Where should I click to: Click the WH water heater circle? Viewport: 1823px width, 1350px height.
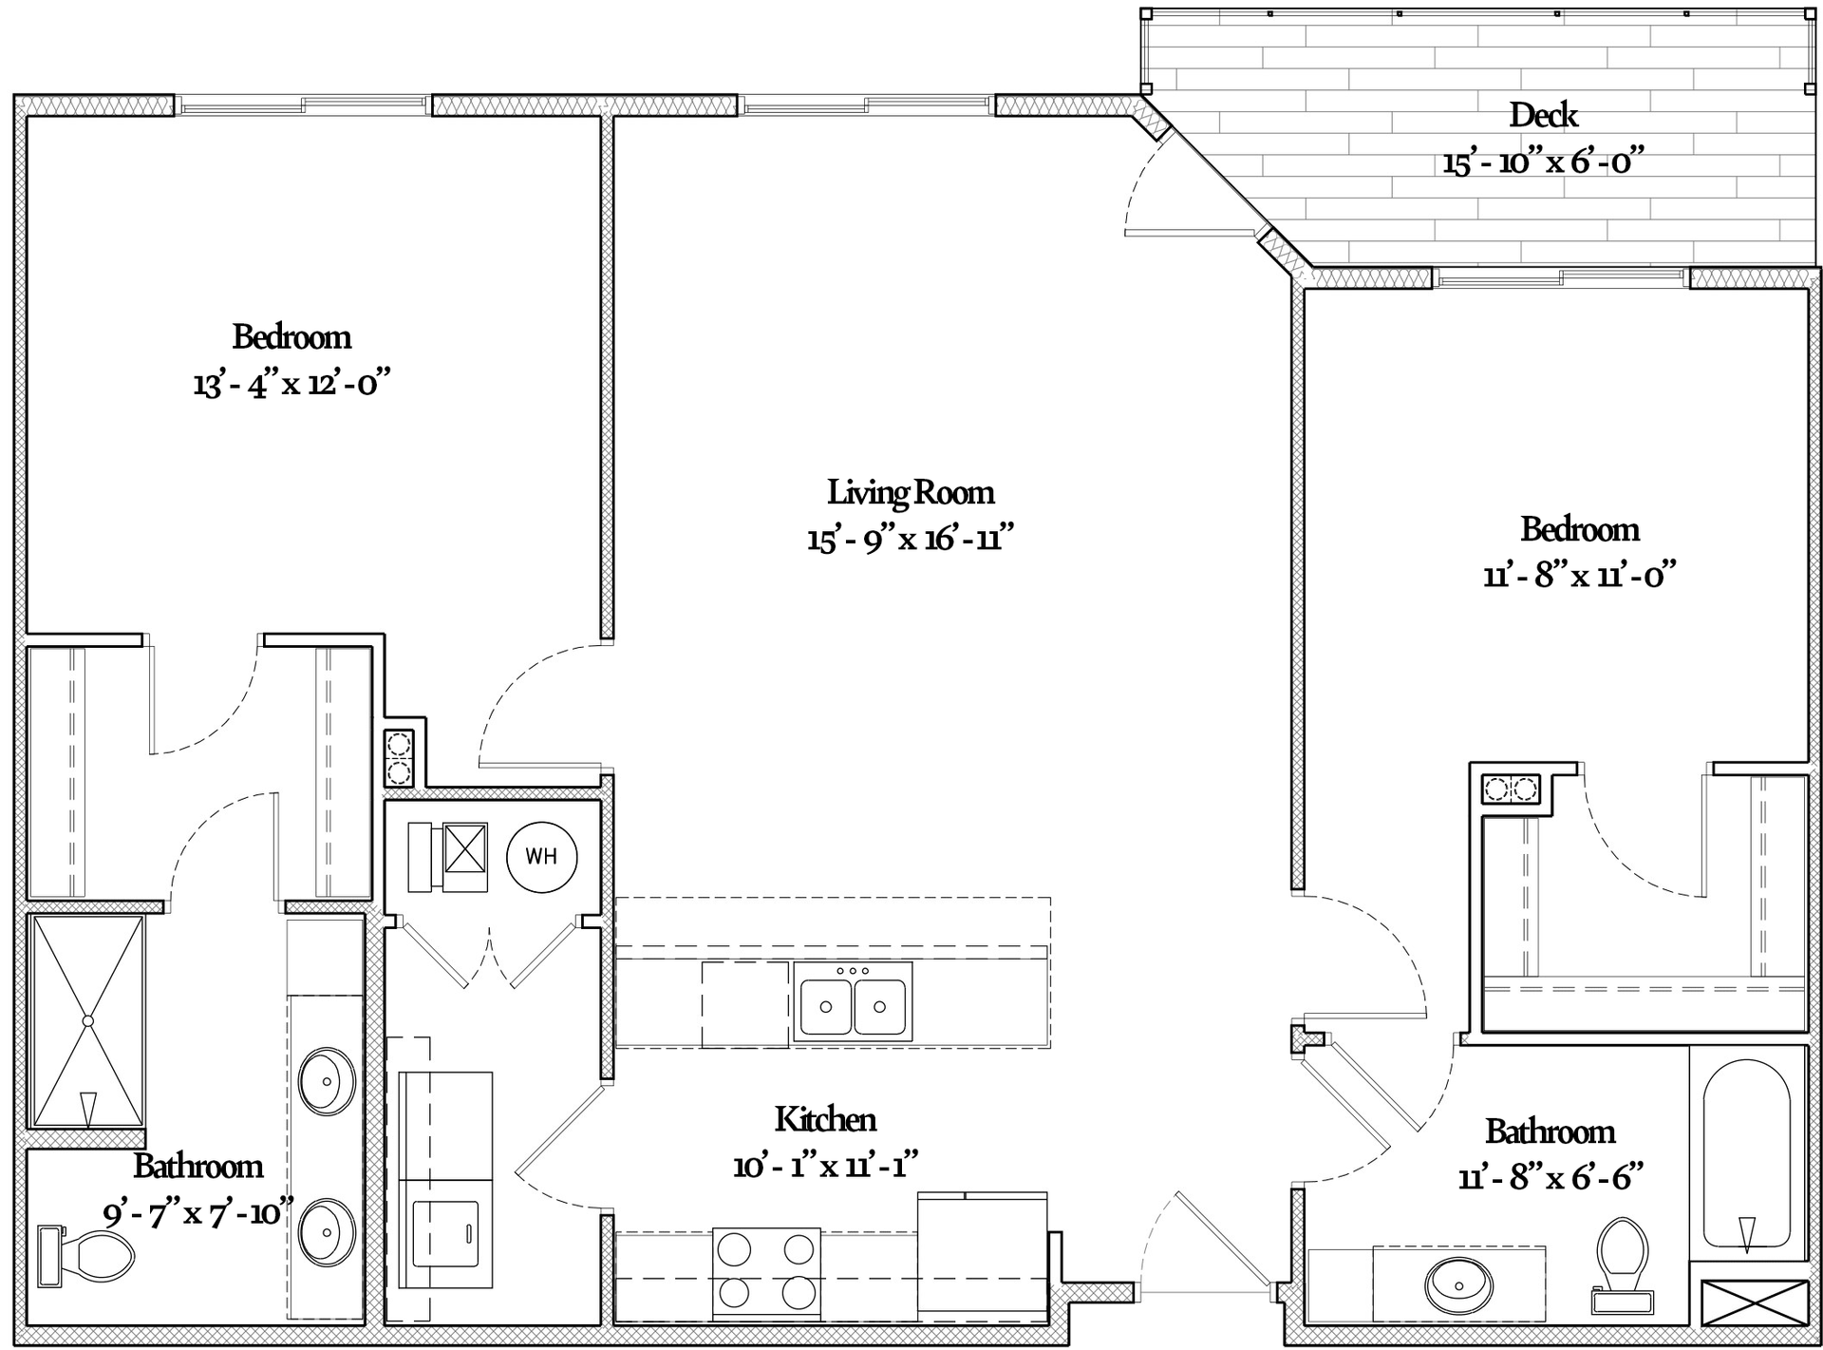pyautogui.click(x=541, y=856)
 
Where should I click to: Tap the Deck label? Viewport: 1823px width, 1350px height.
pyautogui.click(x=1544, y=115)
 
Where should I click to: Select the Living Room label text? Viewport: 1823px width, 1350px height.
pyautogui.click(x=911, y=492)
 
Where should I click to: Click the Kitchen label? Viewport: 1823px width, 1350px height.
pyautogui.click(x=825, y=1119)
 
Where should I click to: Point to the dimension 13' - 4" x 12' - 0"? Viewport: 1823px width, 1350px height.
pyautogui.click(x=292, y=384)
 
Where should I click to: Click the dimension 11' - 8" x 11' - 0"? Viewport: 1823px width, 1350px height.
pyautogui.click(x=1580, y=575)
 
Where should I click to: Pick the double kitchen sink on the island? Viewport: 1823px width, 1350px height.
pyautogui.click(x=853, y=1001)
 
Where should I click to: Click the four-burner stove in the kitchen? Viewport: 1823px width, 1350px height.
pyautogui.click(x=766, y=1272)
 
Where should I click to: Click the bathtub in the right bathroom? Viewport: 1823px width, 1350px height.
pyautogui.click(x=1747, y=1151)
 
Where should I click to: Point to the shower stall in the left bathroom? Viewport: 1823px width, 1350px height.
pyautogui.click(x=87, y=1020)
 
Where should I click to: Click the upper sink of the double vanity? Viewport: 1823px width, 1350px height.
pyautogui.click(x=327, y=1081)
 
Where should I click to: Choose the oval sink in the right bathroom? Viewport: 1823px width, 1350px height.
pyautogui.click(x=1459, y=1283)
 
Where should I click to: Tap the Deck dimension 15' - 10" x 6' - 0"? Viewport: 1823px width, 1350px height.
pyautogui.click(x=1544, y=162)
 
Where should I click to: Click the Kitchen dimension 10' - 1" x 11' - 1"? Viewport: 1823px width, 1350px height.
pyautogui.click(x=825, y=1166)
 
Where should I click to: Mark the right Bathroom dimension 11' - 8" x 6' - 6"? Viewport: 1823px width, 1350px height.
pyautogui.click(x=1550, y=1178)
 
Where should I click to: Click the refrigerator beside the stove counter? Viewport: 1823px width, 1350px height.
pyautogui.click(x=983, y=1256)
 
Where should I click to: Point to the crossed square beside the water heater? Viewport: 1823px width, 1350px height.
pyautogui.click(x=465, y=848)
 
